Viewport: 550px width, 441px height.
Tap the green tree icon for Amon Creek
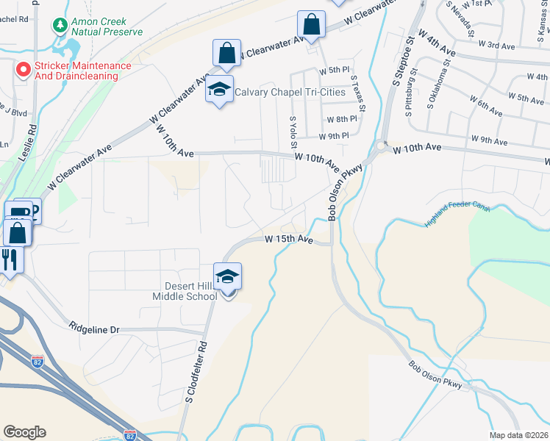point(60,25)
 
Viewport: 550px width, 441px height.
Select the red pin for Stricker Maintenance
point(23,70)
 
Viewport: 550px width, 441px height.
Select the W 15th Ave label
point(289,240)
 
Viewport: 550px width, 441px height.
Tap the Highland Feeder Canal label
point(457,215)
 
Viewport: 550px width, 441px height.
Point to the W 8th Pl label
point(342,119)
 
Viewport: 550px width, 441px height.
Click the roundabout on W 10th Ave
point(381,146)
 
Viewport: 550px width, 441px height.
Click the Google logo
point(24,432)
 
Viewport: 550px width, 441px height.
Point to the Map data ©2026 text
point(518,435)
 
